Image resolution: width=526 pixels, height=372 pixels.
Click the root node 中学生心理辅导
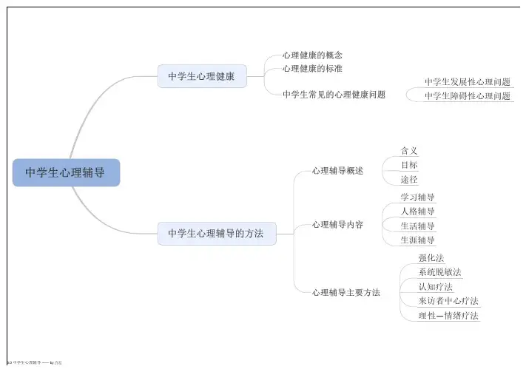pos(65,173)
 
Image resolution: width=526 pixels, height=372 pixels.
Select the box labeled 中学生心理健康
pos(201,76)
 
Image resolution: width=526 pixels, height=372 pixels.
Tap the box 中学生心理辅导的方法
pos(216,234)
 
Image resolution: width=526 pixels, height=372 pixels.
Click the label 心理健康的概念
pos(312,55)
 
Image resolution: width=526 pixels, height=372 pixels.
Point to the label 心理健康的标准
pos(312,69)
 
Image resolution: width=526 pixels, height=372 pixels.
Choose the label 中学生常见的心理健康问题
pos(334,95)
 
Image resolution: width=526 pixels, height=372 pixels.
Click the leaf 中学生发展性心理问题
pos(467,82)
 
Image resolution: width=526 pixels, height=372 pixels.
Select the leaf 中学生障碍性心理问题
pos(467,96)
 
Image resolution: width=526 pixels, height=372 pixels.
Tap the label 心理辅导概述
pos(337,171)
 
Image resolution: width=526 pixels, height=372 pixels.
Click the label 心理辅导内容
pos(337,225)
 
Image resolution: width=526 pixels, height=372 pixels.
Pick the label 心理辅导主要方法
pos(345,293)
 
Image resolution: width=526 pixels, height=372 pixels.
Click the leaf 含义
pos(409,151)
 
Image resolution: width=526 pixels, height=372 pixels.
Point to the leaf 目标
pos(409,165)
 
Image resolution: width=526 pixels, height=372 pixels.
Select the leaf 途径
pos(409,180)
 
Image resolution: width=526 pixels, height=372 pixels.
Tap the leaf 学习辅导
pos(417,197)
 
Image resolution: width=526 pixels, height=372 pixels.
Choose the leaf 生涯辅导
pos(417,240)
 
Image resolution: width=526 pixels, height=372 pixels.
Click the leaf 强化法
pos(431,258)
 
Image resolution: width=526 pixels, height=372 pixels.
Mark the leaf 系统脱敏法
pos(439,272)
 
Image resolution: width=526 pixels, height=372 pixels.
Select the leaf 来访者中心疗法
pos(448,301)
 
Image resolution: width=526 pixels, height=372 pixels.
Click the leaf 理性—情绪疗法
pos(448,316)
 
